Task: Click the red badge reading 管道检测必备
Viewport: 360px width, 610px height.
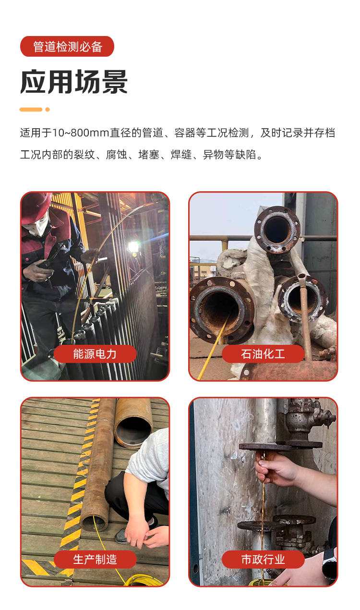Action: click(x=67, y=47)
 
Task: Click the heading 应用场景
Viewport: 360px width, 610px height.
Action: click(x=74, y=82)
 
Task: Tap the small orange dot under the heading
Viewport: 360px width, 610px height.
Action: click(x=48, y=110)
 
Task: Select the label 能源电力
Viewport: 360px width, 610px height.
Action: click(x=95, y=354)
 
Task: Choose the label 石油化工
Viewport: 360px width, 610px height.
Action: click(x=263, y=354)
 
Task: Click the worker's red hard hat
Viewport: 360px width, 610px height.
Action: click(x=36, y=204)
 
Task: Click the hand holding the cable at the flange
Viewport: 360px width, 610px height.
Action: click(x=274, y=468)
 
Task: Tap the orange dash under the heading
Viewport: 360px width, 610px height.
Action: click(x=31, y=110)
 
